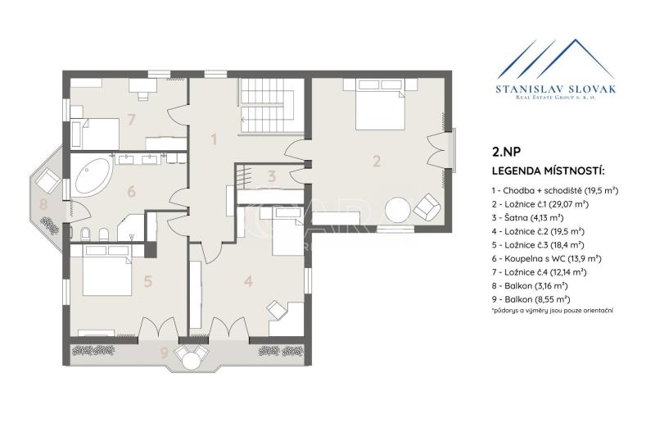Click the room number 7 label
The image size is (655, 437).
132,120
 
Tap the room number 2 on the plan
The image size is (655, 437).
377,161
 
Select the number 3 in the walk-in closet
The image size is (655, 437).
272,176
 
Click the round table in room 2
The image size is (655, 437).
398,211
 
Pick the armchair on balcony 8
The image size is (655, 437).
48,180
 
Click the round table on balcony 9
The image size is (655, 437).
192,361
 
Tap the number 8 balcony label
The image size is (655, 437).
43,204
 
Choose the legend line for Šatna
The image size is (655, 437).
527,218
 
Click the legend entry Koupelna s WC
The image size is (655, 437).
546,259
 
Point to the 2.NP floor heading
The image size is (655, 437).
506,152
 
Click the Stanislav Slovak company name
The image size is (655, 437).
556,89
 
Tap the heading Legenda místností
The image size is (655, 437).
549,171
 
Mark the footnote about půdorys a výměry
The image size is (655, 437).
553,311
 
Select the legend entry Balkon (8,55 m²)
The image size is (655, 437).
531,299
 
